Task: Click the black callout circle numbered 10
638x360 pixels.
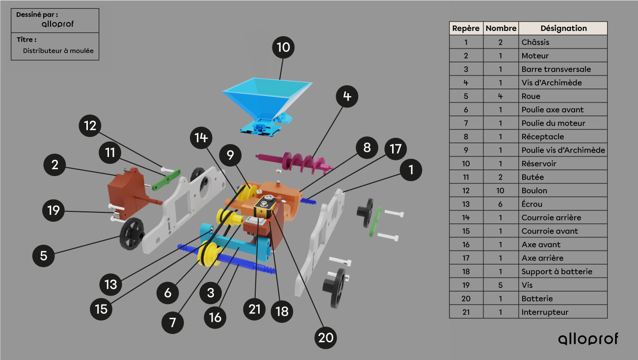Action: coord(283,47)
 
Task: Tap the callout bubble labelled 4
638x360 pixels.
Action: coord(347,96)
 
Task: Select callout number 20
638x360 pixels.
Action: coord(325,338)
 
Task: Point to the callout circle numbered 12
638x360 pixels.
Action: coord(90,126)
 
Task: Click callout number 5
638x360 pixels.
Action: coord(43,256)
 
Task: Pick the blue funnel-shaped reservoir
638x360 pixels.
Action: coord(266,105)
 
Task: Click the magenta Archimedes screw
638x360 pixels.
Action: coord(295,162)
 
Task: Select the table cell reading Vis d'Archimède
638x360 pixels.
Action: coord(552,82)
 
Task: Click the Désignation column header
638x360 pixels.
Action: coord(563,28)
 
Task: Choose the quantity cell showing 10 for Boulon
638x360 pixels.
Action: coord(501,190)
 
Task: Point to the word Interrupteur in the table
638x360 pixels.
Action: coord(545,312)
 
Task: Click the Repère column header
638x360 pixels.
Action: coord(466,28)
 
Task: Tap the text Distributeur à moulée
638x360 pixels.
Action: coord(58,51)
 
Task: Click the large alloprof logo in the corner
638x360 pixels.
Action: coord(588,339)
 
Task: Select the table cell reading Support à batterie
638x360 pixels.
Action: coord(557,272)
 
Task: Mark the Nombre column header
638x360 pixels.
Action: coord(501,28)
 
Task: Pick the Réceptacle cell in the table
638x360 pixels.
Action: coord(542,137)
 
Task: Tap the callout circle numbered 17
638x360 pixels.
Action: coord(396,149)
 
